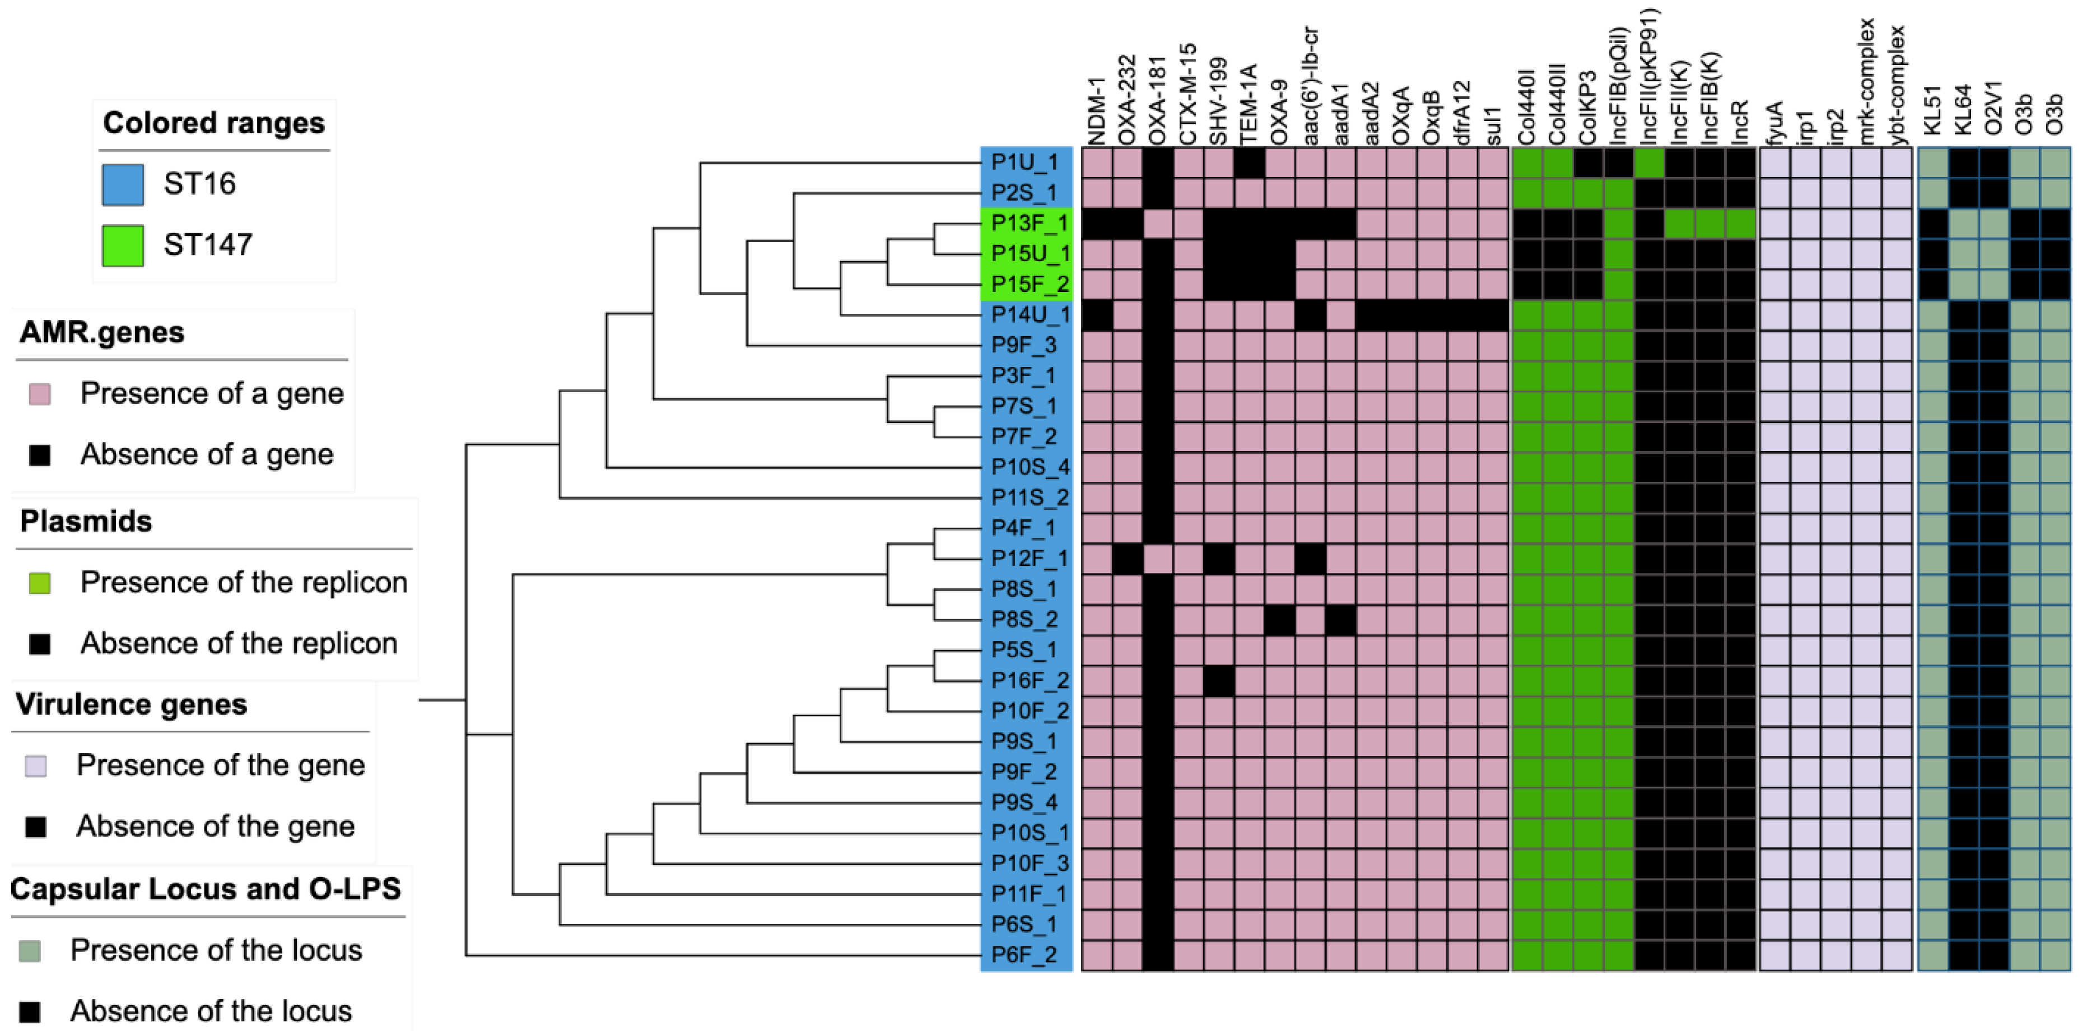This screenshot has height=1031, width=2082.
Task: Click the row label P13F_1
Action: tap(1027, 223)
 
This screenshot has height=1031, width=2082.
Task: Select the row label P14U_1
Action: tap(1027, 314)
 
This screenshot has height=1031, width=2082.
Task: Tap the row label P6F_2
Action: tap(1024, 955)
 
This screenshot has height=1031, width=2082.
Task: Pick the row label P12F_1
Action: tap(1027, 559)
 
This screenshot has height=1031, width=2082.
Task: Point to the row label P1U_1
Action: tap(1024, 162)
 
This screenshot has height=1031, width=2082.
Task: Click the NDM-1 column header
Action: tap(1097, 112)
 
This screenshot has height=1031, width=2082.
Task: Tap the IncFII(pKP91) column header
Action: tap(1649, 77)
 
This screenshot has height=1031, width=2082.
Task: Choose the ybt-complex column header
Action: tap(1897, 85)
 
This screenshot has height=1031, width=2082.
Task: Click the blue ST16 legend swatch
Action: tap(123, 184)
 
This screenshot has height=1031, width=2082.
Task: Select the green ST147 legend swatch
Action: tap(123, 245)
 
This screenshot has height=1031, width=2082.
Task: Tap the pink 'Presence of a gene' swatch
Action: tap(40, 394)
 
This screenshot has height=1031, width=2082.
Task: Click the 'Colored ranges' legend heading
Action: tap(213, 123)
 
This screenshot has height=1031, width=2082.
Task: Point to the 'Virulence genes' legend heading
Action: tap(131, 704)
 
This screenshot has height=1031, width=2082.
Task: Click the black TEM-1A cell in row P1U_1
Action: tap(1249, 162)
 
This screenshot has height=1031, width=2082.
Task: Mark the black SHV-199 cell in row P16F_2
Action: tap(1219, 681)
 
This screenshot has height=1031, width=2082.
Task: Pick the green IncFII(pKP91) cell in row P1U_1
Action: tap(1649, 162)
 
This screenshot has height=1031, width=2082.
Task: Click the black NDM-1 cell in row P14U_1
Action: tap(1097, 314)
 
